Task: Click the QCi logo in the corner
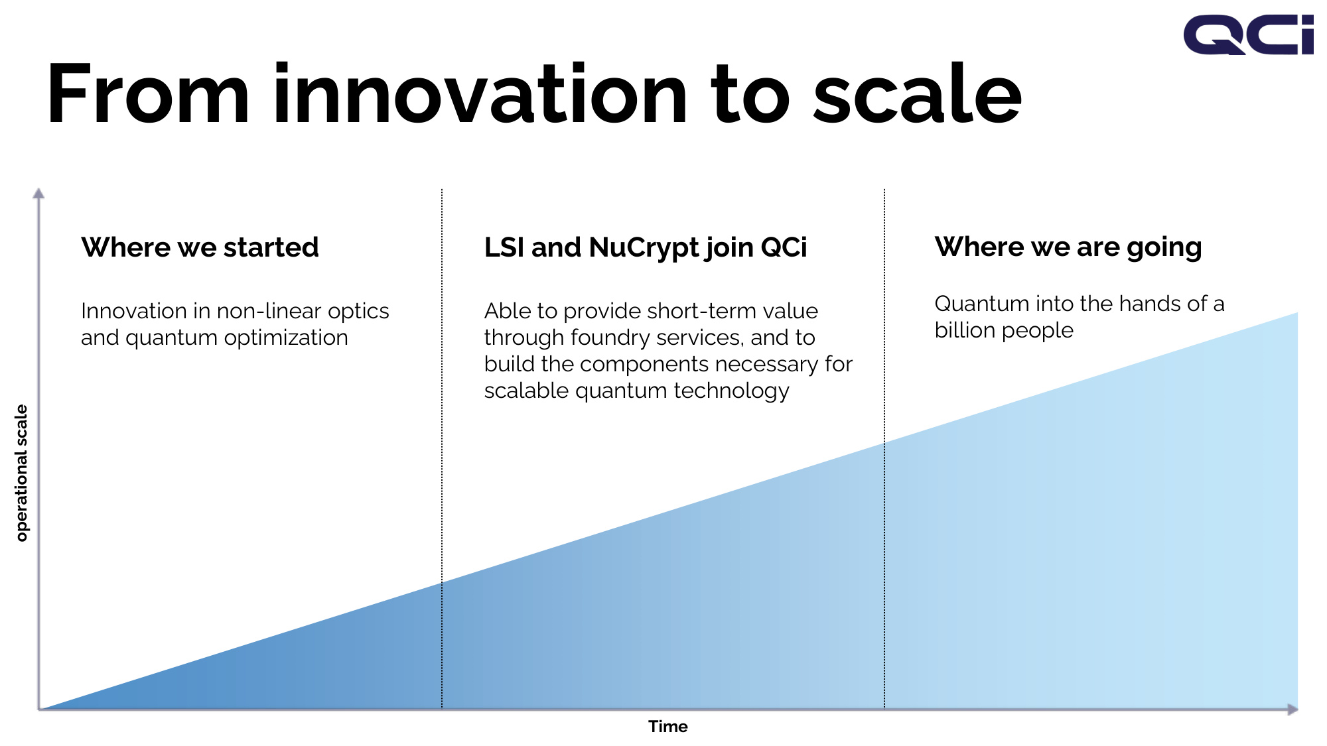(x=1248, y=35)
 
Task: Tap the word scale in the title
(x=918, y=93)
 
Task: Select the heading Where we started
(x=200, y=247)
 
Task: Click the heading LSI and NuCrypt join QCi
(x=646, y=248)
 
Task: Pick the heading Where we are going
(x=1068, y=247)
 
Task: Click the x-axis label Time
(x=668, y=727)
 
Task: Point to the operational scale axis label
(x=22, y=473)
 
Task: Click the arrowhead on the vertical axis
(x=38, y=193)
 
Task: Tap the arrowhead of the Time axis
(x=1292, y=710)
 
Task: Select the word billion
(x=961, y=330)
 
